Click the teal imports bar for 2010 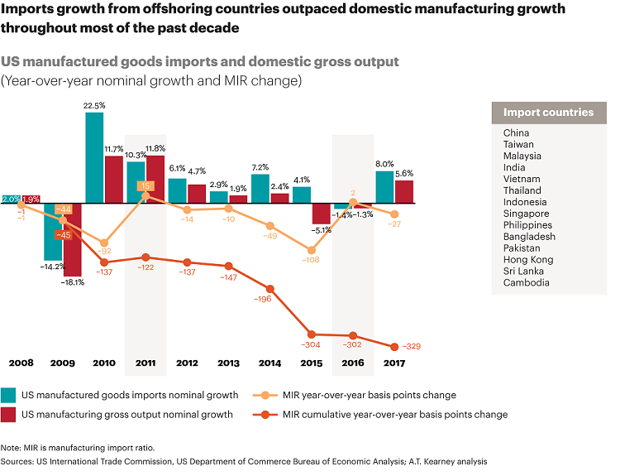coord(94,157)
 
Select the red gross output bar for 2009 coord(73,240)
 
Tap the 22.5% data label coord(94,105)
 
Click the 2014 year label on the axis coord(269,363)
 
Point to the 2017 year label coord(393,363)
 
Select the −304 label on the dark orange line coord(311,344)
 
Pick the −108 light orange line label coord(311,260)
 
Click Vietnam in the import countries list coord(522,179)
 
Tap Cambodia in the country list coord(526,283)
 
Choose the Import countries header coord(548,113)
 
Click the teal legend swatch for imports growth coord(10,395)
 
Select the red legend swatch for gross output coord(10,414)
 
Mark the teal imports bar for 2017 coord(384,187)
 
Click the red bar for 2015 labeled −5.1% coord(322,213)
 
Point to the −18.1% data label coord(73,282)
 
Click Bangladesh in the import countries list coord(529,237)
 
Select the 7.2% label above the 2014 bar coord(260,167)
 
